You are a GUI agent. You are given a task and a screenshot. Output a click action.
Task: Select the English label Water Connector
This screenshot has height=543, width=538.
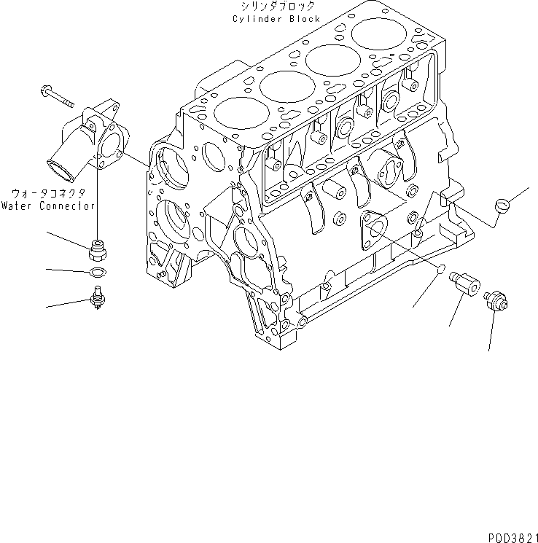(47, 206)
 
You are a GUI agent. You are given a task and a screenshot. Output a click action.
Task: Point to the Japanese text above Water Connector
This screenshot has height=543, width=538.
(49, 195)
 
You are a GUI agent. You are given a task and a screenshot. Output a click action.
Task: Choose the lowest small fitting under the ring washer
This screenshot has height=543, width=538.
(95, 297)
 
